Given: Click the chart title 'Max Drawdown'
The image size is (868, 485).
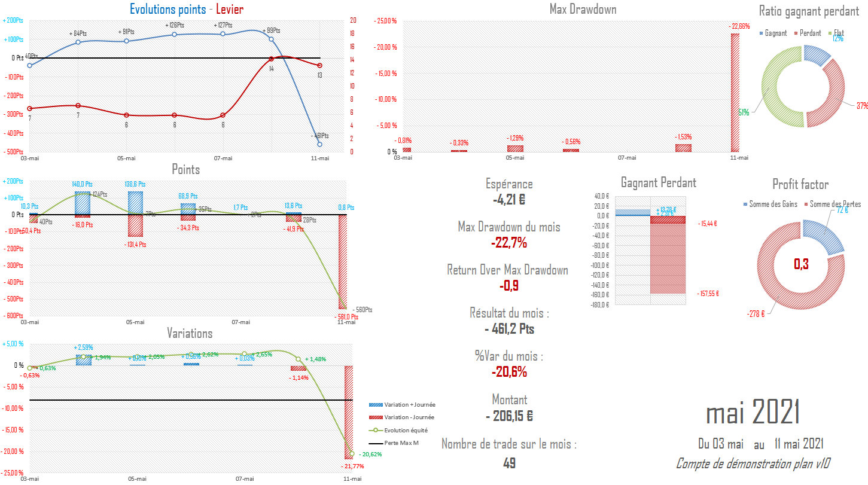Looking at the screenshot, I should (582, 9).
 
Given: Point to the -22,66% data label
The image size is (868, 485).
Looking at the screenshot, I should (739, 26).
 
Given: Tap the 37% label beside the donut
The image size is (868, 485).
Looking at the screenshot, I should (861, 106).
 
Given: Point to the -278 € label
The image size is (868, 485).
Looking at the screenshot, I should (756, 313).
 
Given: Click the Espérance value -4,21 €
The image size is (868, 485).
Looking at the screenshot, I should (508, 199).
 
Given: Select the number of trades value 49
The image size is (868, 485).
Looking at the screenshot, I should (508, 463).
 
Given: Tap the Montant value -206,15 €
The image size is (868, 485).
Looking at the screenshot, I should (508, 416).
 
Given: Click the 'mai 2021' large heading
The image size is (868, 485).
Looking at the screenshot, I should (753, 413).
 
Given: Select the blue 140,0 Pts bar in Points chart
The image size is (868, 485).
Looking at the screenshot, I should (83, 203).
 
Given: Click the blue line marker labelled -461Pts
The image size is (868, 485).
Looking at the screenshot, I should (320, 144).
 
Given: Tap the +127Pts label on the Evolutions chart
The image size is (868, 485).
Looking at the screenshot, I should (223, 25).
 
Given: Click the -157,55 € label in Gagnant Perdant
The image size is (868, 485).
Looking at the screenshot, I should (708, 294).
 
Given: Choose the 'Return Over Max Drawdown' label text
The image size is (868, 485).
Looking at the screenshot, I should (507, 270).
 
